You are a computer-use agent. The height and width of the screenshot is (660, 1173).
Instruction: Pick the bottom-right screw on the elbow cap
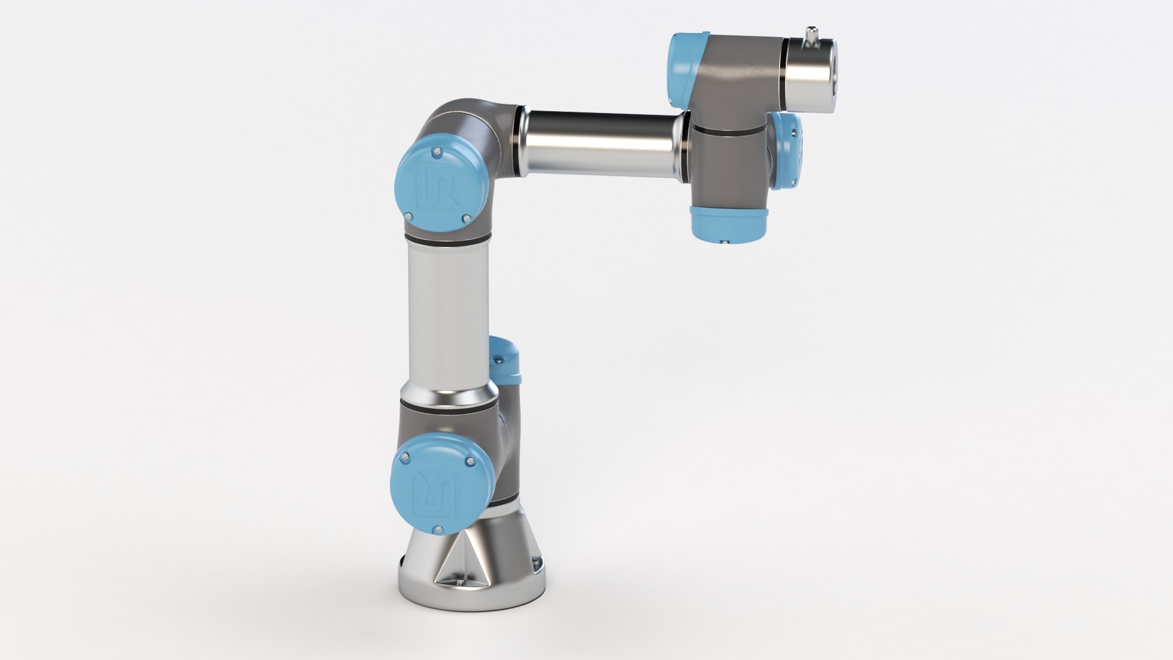466,218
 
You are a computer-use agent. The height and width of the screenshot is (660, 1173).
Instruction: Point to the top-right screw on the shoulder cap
469,461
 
